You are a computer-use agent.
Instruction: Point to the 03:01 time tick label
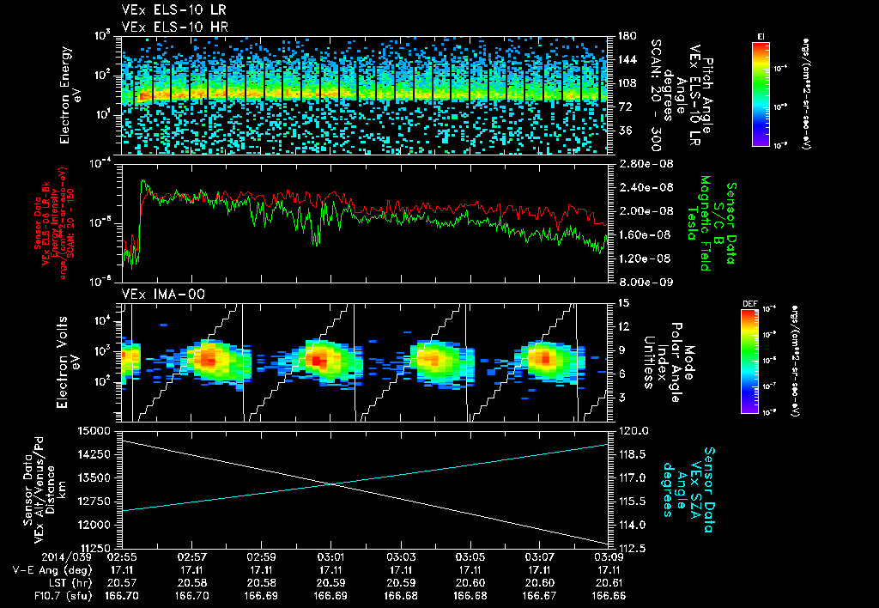pyautogui.click(x=330, y=556)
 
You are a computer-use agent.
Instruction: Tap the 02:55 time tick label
pyautogui.click(x=121, y=556)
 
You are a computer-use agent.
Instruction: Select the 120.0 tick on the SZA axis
pyautogui.click(x=633, y=430)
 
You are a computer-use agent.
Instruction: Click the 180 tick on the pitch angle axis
pyautogui.click(x=627, y=36)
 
